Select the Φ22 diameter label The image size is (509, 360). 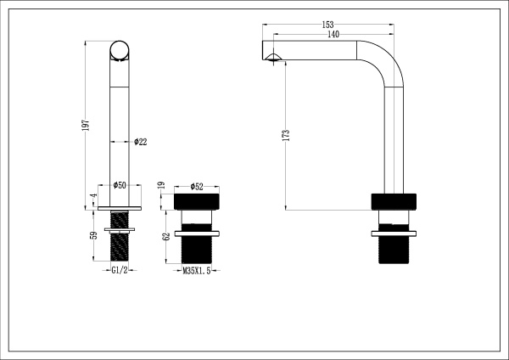pos(141,142)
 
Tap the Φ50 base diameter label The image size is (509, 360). pos(120,185)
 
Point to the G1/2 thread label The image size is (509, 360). pos(120,270)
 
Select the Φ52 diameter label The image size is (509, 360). pos(195,185)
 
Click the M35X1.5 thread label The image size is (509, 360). pos(195,270)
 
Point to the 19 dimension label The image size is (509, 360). pos(161,185)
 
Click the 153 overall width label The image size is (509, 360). pos(328,25)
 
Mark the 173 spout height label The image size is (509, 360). pos(287,135)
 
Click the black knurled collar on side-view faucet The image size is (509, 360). pos(394,202)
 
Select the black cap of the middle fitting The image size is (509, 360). pos(195,201)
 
